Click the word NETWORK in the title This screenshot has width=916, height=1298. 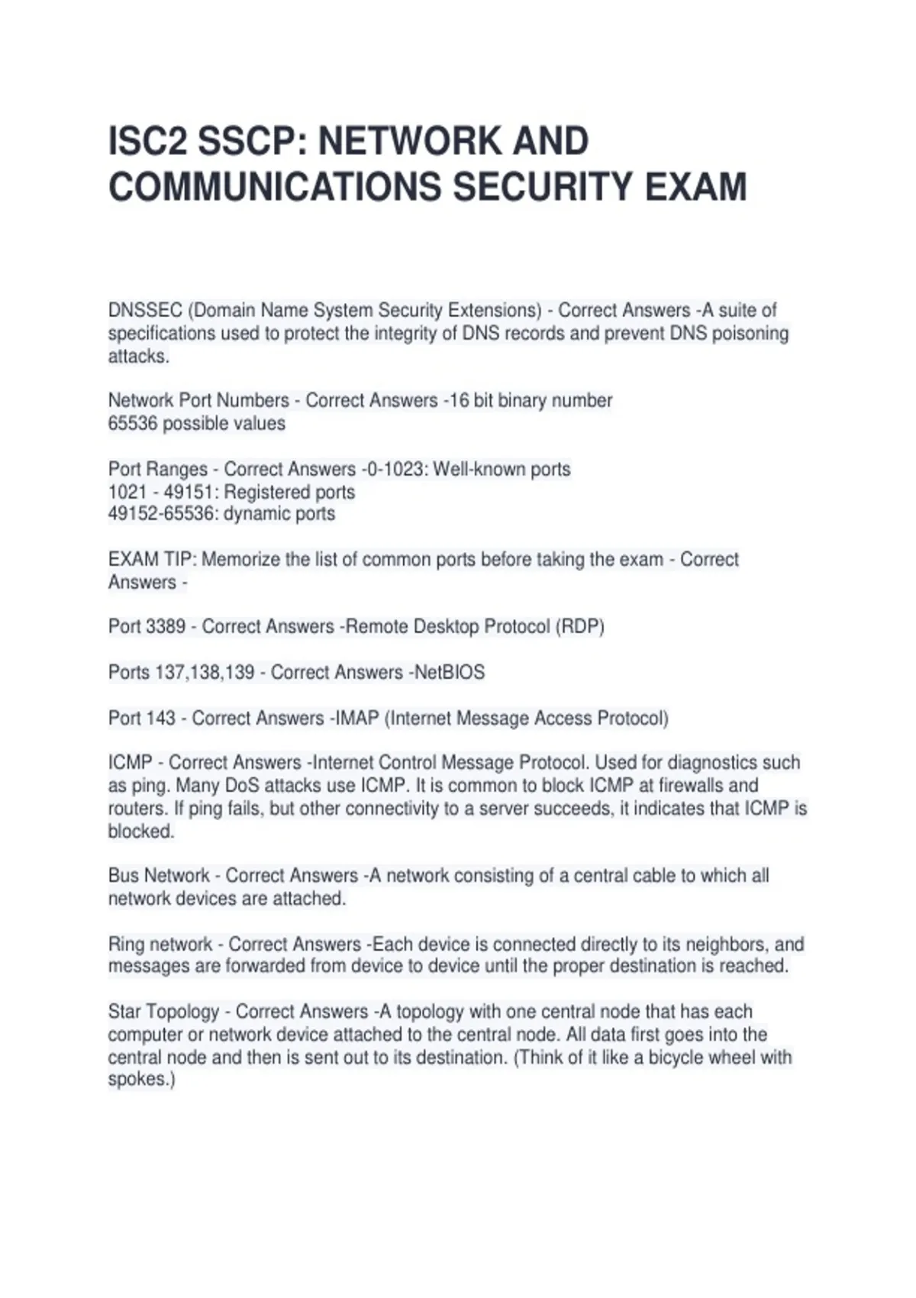coord(398,141)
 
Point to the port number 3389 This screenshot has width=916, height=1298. coord(166,627)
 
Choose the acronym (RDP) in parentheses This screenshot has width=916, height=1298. coord(579,627)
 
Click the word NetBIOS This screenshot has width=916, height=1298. coord(449,673)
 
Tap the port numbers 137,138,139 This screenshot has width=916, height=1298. coord(205,673)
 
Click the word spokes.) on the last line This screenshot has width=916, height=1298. coord(141,1080)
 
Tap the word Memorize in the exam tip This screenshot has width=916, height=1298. coord(240,560)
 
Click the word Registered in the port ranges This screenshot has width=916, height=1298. coord(266,492)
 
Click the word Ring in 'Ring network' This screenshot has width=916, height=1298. coord(127,944)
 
